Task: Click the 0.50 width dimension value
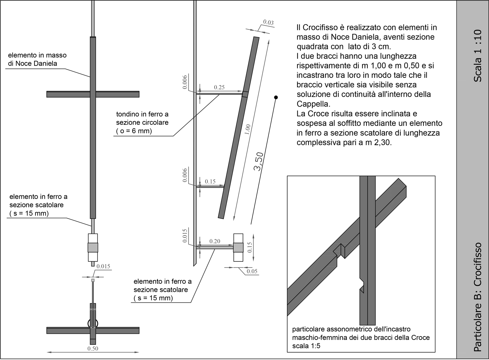point(93,348)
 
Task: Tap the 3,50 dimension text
point(258,162)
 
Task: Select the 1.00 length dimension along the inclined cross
point(248,129)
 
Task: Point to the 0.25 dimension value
point(219,87)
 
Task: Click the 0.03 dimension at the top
point(268,22)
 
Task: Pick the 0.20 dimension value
point(215,241)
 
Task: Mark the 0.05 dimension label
point(252,271)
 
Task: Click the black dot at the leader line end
point(276,97)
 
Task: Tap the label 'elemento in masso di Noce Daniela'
point(37,59)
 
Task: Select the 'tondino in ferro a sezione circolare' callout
point(142,122)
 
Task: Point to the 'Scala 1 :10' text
point(478,55)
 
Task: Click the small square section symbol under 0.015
point(93,280)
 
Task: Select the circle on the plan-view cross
point(93,323)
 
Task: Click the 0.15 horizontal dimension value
point(210,181)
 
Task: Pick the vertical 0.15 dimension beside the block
point(250,247)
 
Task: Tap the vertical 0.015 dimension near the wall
point(185,235)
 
